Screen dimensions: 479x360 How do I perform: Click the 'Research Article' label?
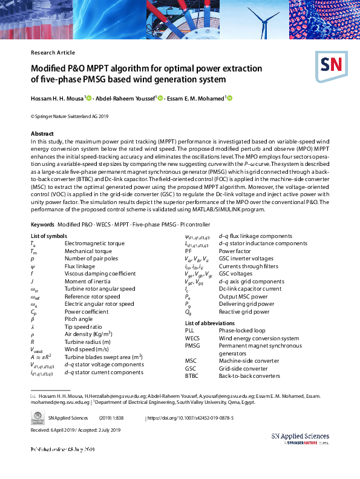click(53, 53)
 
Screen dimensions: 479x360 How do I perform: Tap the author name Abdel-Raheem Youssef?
click(126, 98)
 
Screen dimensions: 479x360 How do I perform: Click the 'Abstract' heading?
click(42, 133)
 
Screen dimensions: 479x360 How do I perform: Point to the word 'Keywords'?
click(42, 225)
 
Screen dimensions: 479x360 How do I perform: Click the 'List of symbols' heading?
click(49, 236)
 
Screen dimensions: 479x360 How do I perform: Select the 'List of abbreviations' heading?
click(209, 323)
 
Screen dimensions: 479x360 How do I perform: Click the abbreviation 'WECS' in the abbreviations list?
click(192, 339)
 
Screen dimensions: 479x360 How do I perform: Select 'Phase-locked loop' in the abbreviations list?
click(242, 331)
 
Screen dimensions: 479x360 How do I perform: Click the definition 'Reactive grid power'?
click(244, 312)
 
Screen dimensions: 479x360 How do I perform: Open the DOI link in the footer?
click(200, 418)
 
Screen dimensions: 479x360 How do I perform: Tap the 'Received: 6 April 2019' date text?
click(56, 430)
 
